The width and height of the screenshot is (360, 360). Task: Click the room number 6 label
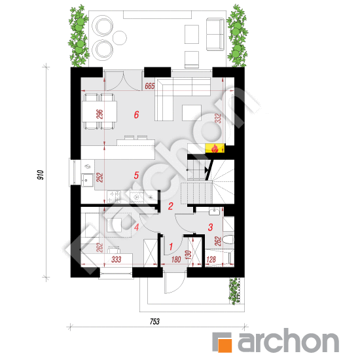136,115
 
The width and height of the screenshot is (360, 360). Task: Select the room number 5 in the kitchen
136,175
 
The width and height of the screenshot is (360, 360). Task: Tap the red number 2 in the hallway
170,206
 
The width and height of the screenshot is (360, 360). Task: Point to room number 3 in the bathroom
210,227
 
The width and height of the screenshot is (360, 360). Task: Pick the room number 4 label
137,227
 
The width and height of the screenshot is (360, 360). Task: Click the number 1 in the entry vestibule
171,247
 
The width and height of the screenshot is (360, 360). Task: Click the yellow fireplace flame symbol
215,149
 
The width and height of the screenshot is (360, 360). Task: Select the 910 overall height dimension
41,175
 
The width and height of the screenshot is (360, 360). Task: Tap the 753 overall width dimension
154,321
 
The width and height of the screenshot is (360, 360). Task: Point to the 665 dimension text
150,86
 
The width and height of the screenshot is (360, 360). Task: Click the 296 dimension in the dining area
100,115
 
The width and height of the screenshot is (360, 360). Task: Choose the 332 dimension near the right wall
219,118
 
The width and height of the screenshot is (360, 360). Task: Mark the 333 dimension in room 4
116,260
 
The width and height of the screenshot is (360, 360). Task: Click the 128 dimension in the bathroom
211,260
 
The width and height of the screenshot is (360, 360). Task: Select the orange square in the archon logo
225,346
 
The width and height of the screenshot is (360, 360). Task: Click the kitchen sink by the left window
87,179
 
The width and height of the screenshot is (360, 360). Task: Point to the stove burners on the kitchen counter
114,197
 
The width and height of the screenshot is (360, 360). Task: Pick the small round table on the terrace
120,38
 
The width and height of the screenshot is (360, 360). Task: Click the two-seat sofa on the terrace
215,35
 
